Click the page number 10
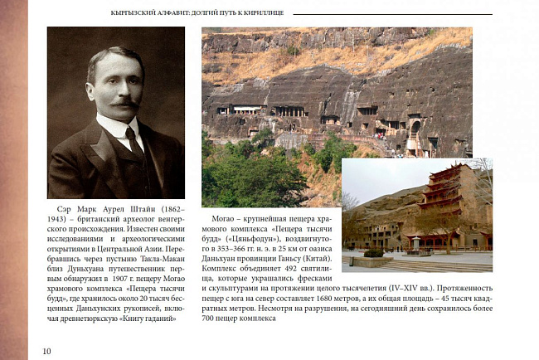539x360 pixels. coord(46,351)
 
